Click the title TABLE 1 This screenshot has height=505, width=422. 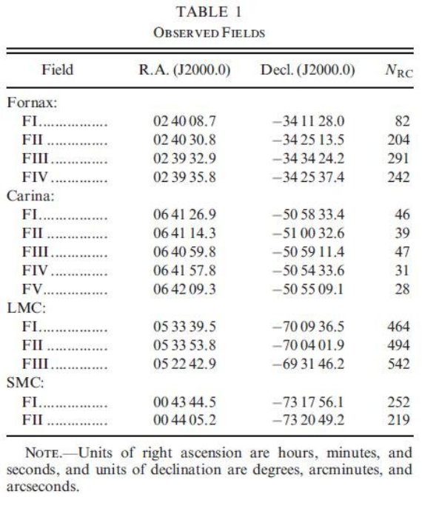pyautogui.click(x=209, y=13)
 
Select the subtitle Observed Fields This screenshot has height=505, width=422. pyautogui.click(x=210, y=33)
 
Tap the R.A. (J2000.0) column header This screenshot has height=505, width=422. pyautogui.click(x=184, y=70)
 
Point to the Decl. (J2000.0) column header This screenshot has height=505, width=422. pyautogui.click(x=307, y=70)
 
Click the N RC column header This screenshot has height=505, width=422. pyautogui.click(x=399, y=70)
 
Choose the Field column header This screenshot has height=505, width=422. pyautogui.click(x=58, y=70)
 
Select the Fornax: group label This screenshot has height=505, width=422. pyautogui.click(x=32, y=103)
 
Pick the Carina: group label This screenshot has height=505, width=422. pyautogui.click(x=30, y=196)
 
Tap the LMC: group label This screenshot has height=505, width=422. pyautogui.click(x=27, y=308)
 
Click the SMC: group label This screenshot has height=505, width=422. pyautogui.click(x=25, y=382)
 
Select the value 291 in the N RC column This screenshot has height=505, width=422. pyautogui.click(x=399, y=158)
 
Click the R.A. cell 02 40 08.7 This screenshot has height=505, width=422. pyautogui.click(x=184, y=121)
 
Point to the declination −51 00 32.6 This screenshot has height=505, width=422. pyautogui.click(x=308, y=233)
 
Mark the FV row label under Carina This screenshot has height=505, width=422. pyautogui.click(x=32, y=289)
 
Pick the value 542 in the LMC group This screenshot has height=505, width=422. pyautogui.click(x=399, y=364)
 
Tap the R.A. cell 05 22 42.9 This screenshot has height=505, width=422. pyautogui.click(x=184, y=364)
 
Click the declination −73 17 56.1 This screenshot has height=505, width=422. pyautogui.click(x=308, y=402)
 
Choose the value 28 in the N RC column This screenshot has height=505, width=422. pyautogui.click(x=402, y=289)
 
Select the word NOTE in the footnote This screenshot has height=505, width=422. pyautogui.click(x=42, y=453)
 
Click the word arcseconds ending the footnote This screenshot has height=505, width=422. pyautogui.click(x=43, y=487)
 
